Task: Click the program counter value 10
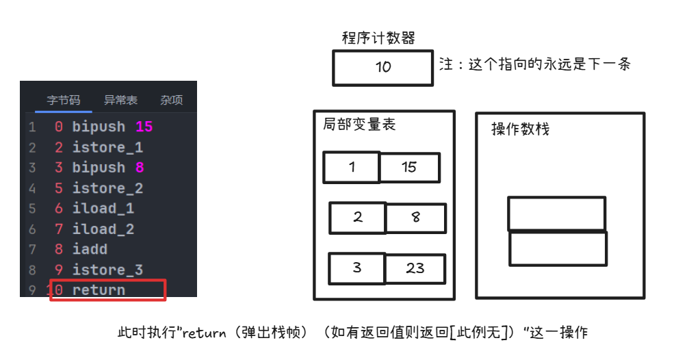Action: pos(383,67)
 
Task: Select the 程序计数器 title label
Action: pos(378,38)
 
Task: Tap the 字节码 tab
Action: pos(64,100)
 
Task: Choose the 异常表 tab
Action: pos(120,100)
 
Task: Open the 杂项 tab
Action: pos(172,100)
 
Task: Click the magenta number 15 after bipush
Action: pos(144,127)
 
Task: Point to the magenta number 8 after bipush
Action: pos(140,167)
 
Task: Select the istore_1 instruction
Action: pos(107,147)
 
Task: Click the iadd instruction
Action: pos(90,249)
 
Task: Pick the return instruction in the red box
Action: pos(99,290)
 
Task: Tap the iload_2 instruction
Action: pos(103,229)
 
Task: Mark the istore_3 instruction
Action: pos(107,270)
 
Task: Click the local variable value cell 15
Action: pos(410,167)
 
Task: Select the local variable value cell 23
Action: pos(415,268)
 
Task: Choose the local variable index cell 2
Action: pos(358,218)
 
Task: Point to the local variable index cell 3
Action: pos(357,268)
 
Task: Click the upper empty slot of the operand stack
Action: pos(557,214)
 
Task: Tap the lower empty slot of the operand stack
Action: pos(558,248)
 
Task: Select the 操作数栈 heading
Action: pos(521,129)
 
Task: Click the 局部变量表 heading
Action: pos(359,124)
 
